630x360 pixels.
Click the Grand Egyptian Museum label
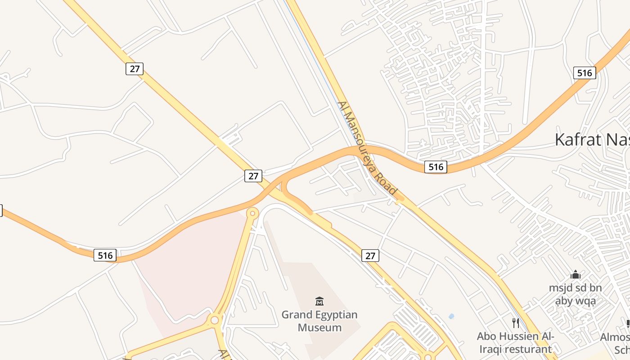(319, 321)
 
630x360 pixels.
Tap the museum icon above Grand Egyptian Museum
(319, 301)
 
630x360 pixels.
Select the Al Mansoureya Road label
(368, 149)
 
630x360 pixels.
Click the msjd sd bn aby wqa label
(575, 294)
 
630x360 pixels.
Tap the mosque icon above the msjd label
(575, 274)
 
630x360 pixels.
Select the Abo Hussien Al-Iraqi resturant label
(515, 342)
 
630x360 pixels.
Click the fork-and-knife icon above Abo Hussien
(516, 323)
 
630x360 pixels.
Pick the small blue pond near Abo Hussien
(451, 316)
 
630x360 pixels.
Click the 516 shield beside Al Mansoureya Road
(436, 167)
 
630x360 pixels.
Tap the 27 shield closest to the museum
(370, 256)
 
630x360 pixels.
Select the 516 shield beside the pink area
(105, 255)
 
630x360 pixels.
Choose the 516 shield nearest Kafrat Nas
(585, 73)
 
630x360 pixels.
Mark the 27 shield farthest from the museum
(134, 69)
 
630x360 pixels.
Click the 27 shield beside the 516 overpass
(253, 176)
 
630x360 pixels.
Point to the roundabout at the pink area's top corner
(253, 213)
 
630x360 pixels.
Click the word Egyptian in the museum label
(336, 314)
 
